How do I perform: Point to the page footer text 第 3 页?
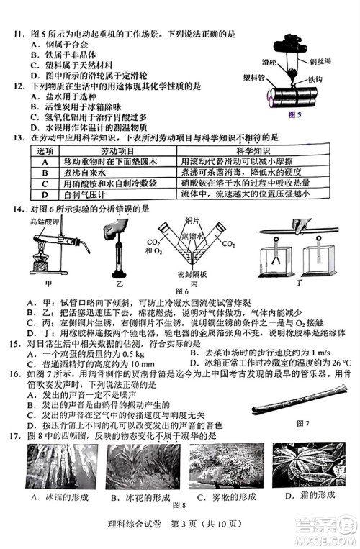click(x=183, y=531)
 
